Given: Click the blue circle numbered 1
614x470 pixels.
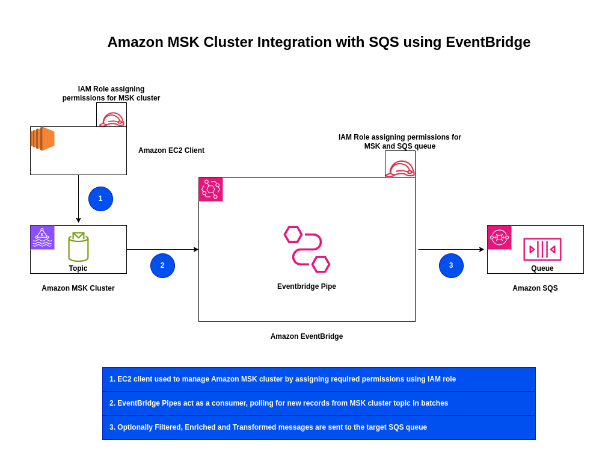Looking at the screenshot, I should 100,199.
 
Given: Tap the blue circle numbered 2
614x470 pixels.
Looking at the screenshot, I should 162,265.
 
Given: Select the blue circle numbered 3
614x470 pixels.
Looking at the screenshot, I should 451,265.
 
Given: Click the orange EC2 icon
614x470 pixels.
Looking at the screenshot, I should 43,138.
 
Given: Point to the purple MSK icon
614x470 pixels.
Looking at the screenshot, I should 42,237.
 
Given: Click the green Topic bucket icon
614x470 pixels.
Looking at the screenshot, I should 78,247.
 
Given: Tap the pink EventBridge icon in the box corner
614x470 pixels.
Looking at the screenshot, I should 210,189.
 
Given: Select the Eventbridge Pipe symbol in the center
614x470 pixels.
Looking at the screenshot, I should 307,249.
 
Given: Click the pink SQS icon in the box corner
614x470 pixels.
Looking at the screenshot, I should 499,237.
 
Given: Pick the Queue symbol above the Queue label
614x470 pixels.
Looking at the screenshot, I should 542,249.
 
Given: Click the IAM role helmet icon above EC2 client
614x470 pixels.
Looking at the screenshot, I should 112,118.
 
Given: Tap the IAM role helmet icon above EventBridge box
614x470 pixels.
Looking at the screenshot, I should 401,167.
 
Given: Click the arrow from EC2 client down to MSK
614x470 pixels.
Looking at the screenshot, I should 78,199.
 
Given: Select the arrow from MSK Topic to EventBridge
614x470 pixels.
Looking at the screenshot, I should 162,249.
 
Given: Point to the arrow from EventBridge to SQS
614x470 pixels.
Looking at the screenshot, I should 451,249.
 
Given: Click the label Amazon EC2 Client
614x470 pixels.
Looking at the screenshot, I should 171,150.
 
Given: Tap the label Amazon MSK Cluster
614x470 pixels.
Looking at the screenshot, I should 78,288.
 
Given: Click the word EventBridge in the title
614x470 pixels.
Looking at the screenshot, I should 488,42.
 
